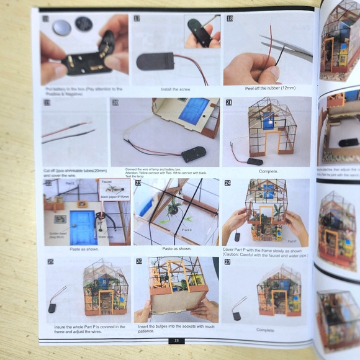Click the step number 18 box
(230, 19)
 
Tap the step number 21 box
(228, 102)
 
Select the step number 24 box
(228, 184)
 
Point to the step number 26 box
(139, 262)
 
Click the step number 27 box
(228, 263)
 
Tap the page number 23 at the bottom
(176, 341)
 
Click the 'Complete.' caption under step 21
(268, 171)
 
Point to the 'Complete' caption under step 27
(266, 330)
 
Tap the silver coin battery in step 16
(62, 27)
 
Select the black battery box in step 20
(194, 154)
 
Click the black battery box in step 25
(52, 307)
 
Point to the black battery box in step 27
(236, 315)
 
